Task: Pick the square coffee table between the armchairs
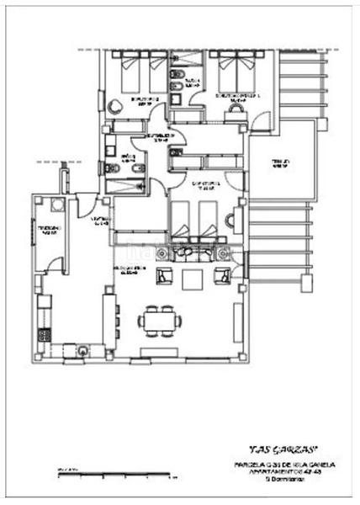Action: [194, 278]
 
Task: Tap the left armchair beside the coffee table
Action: [166, 275]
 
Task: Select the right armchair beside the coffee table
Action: [223, 275]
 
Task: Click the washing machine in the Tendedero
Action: [56, 205]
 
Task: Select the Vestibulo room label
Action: [101, 221]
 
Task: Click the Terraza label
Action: [278, 162]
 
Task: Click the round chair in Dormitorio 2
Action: [116, 104]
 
